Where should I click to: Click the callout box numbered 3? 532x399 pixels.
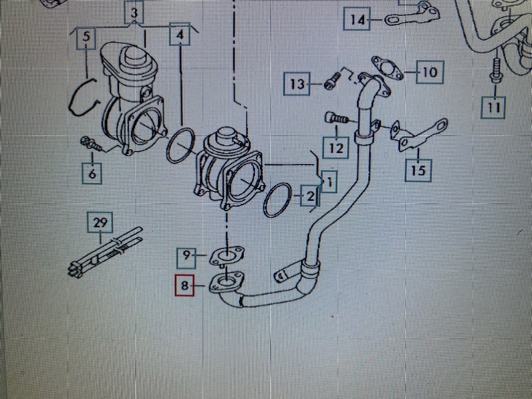(135, 12)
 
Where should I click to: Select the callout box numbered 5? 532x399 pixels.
(86, 37)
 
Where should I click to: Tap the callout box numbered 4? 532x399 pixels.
(180, 34)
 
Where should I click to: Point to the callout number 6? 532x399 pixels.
(92, 173)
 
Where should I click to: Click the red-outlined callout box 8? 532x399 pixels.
(184, 285)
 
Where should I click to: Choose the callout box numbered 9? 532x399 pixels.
(187, 259)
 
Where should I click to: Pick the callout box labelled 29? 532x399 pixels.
(100, 223)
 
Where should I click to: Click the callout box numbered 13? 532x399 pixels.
(297, 83)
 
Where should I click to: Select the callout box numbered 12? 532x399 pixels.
(336, 147)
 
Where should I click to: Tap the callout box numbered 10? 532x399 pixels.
(430, 72)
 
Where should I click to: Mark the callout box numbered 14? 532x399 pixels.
(356, 19)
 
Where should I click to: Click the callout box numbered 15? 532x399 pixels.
(418, 170)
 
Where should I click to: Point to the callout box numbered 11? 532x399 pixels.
(494, 108)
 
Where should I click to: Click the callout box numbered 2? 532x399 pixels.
(309, 196)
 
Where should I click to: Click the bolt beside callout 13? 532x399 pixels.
(331, 81)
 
